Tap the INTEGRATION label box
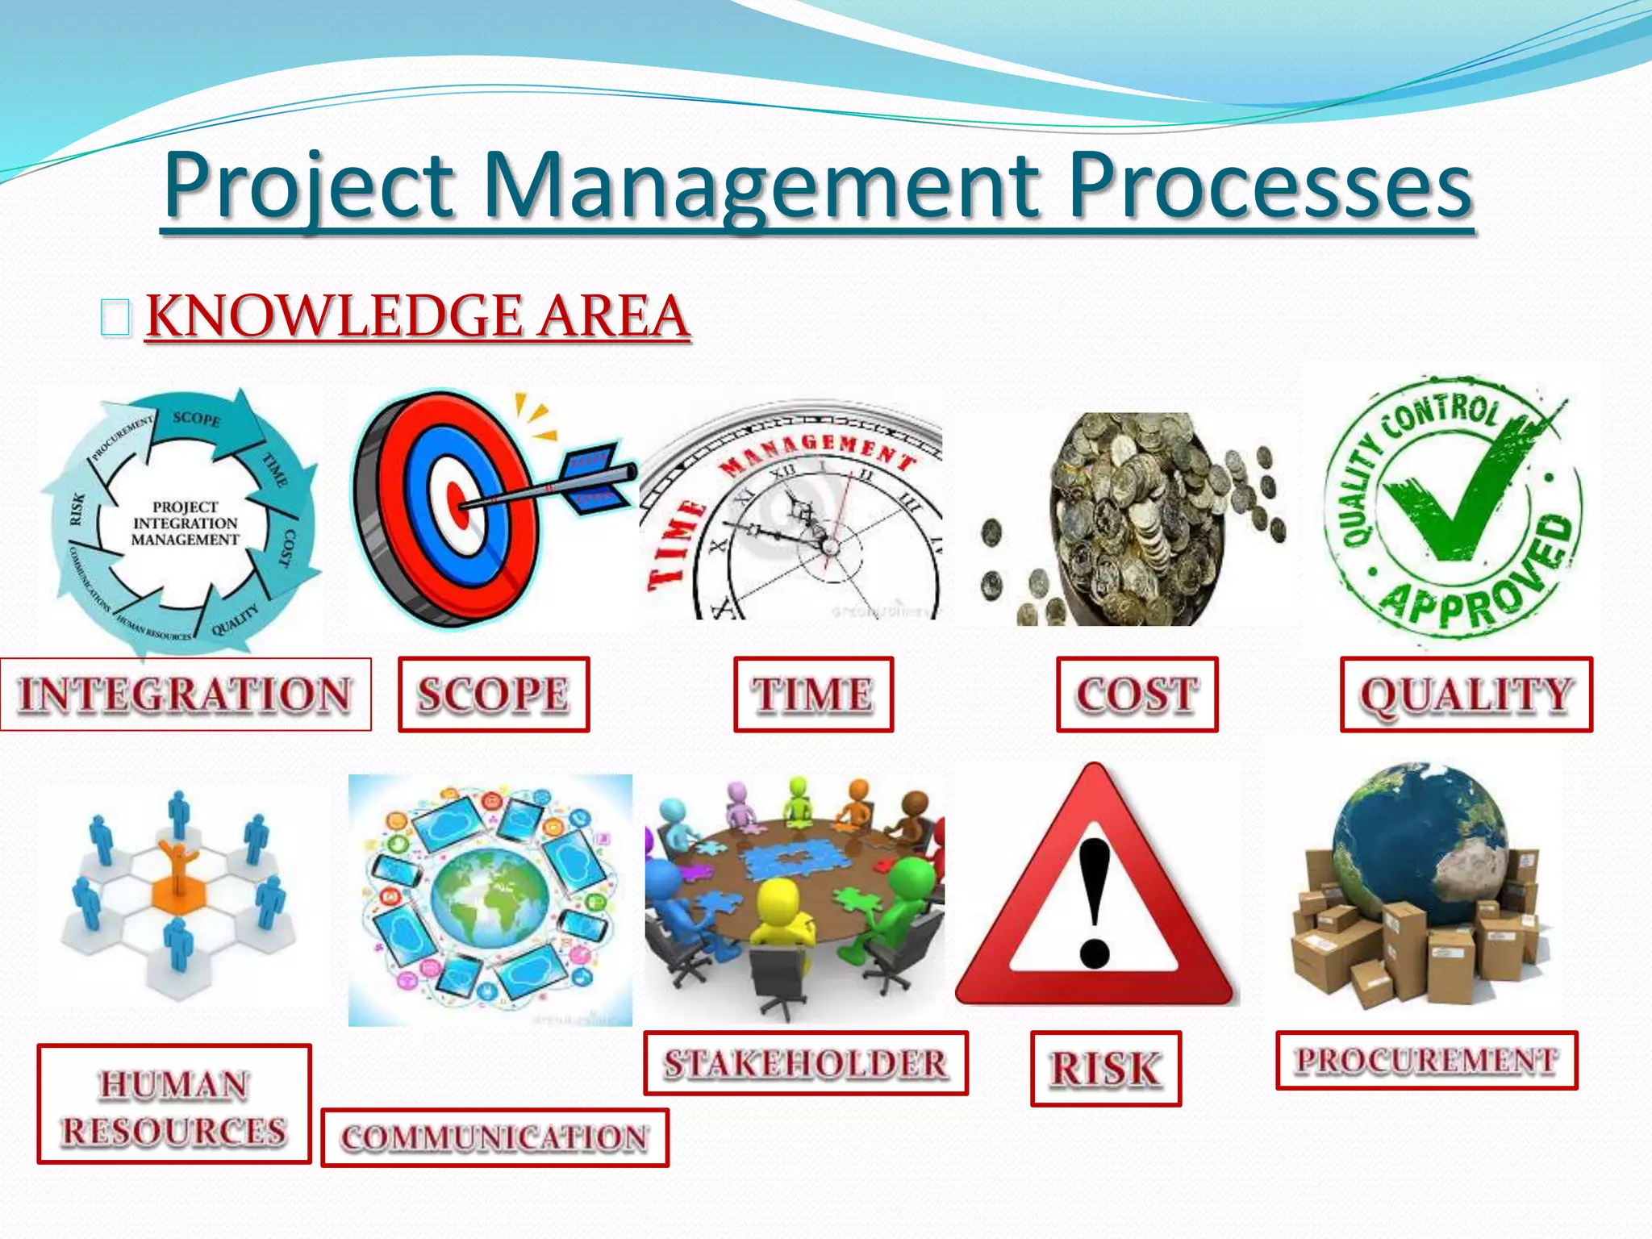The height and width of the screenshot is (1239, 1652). point(186,695)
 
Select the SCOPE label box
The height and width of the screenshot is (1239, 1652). point(494,695)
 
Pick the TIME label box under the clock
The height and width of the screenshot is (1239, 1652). point(813,695)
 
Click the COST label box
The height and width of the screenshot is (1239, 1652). point(1137,695)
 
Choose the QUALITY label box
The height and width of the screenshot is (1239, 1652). point(1466,695)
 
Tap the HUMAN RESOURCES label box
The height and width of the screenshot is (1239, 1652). point(174,1104)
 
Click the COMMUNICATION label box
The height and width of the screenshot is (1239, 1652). point(494,1137)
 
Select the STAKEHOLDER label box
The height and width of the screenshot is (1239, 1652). point(805,1063)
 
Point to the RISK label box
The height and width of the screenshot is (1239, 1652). point(1105,1068)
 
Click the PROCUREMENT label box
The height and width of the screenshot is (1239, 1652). point(1426,1060)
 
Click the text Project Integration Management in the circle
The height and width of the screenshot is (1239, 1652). point(186,523)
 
